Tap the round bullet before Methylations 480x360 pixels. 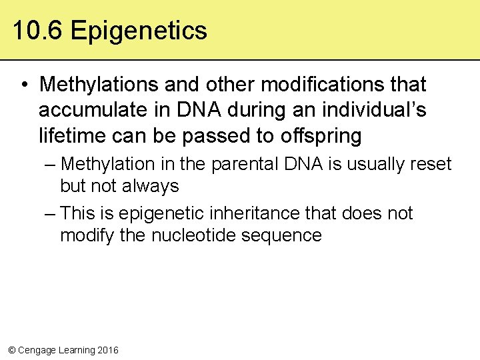[23, 85]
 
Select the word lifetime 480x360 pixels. [69, 135]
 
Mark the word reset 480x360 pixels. [429, 164]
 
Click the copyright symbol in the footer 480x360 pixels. [11, 350]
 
